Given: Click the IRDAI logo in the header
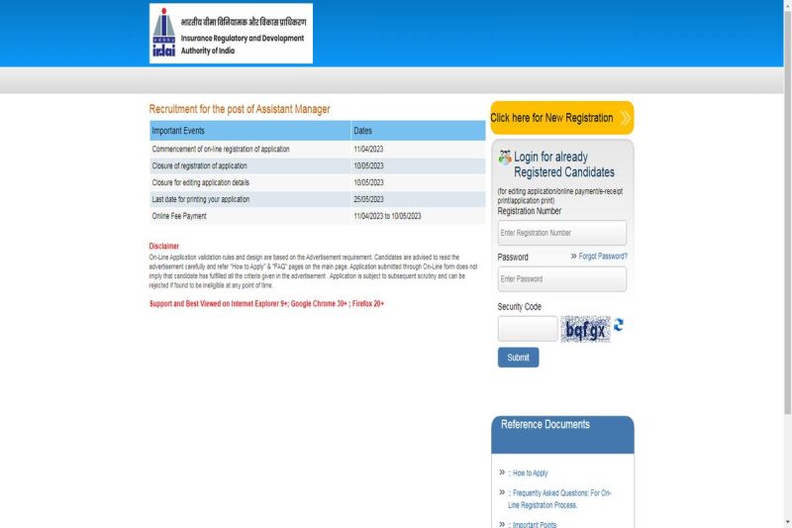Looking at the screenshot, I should click(x=231, y=34).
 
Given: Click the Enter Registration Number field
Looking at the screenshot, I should click(x=561, y=233).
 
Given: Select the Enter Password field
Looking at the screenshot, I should click(x=561, y=279).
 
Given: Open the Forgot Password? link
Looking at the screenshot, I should click(x=603, y=257).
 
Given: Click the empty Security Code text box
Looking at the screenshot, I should click(x=527, y=329).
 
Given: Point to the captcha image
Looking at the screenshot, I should click(x=584, y=329).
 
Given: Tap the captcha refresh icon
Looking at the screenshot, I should click(x=619, y=325).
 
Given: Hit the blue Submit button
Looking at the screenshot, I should click(x=518, y=358).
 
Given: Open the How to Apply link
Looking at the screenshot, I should click(x=530, y=474).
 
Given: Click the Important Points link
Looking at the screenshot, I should click(x=534, y=525).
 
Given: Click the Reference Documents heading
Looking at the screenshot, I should click(x=544, y=425).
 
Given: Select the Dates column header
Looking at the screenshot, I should click(x=363, y=131).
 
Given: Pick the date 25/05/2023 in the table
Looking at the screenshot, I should click(x=368, y=199).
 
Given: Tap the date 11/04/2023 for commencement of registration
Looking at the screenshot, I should click(x=368, y=149).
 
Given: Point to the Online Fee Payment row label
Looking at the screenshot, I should click(x=179, y=216).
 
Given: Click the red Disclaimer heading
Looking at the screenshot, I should click(x=164, y=246).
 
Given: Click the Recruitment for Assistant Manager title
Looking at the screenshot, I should click(x=240, y=109).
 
